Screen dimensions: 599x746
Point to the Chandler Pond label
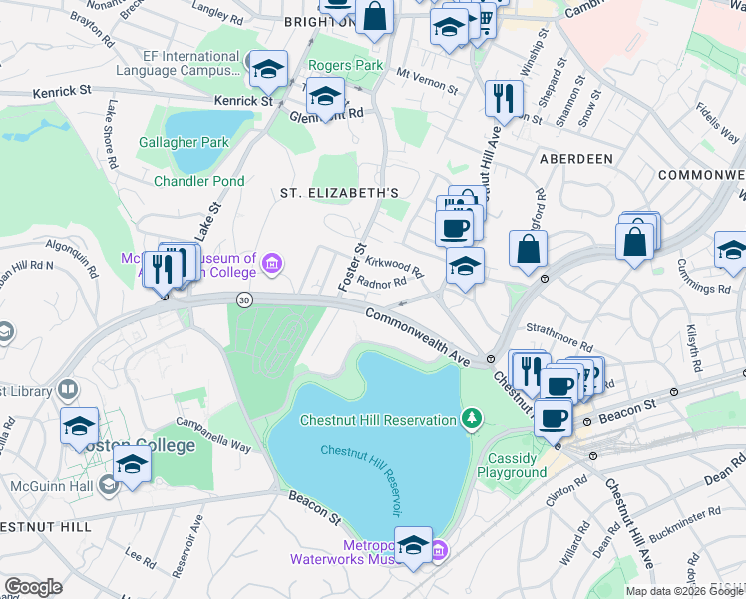click(x=198, y=181)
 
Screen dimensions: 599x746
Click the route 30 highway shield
click(x=243, y=299)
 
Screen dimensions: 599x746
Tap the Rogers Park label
click(x=345, y=65)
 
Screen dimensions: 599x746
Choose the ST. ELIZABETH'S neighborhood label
click(x=339, y=192)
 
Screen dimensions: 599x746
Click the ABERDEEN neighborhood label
click(x=575, y=159)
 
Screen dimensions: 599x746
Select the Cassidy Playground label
click(x=512, y=464)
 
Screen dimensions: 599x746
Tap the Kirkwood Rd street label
click(x=395, y=265)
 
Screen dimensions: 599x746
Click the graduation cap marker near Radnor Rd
click(x=465, y=266)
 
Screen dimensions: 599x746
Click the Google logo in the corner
click(x=33, y=587)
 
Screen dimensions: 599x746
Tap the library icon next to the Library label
click(x=68, y=389)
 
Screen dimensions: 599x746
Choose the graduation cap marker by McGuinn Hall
click(x=131, y=465)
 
